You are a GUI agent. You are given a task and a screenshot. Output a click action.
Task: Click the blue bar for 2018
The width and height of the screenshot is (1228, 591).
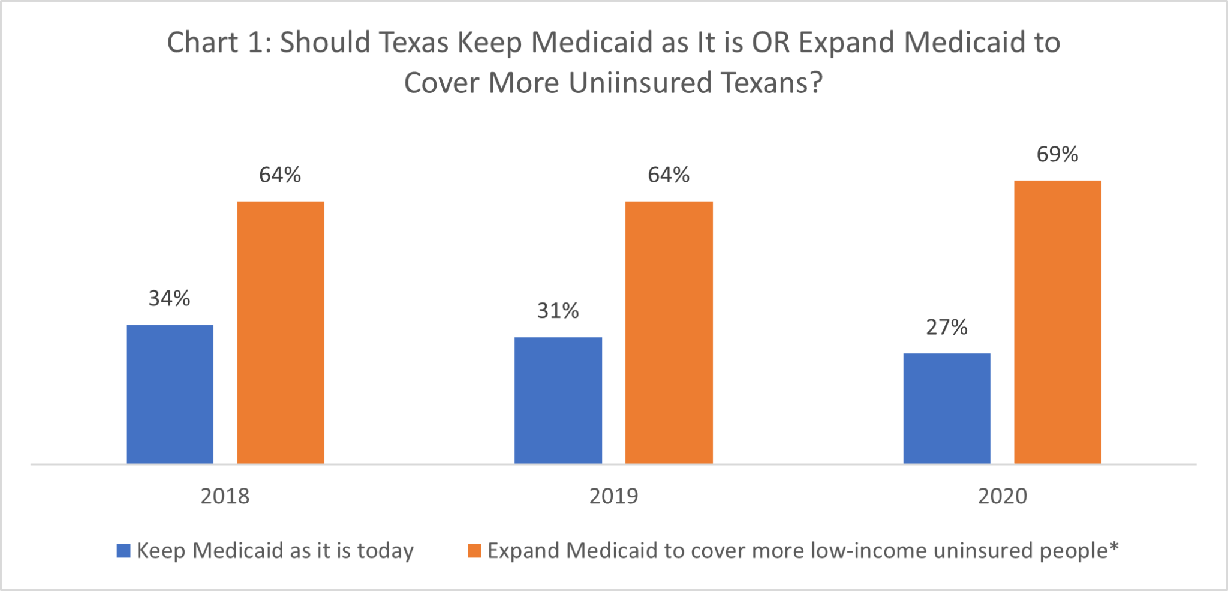coord(170,394)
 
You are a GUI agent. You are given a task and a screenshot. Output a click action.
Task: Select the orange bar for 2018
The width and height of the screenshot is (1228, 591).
coord(280,332)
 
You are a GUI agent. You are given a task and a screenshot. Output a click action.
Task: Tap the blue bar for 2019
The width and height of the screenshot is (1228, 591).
coord(558,400)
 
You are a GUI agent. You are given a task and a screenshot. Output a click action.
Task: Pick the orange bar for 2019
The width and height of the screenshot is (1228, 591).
coord(669,332)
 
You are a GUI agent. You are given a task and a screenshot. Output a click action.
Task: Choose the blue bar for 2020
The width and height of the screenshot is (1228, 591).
coord(947,409)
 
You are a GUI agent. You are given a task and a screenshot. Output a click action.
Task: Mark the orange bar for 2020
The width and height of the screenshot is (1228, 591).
coord(1057,322)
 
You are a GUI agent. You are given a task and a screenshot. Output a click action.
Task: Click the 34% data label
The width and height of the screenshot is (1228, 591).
coord(170,298)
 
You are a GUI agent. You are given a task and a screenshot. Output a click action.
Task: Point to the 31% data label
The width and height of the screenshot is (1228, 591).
coord(558,311)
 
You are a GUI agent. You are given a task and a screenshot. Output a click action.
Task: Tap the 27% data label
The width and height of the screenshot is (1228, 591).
coord(947,327)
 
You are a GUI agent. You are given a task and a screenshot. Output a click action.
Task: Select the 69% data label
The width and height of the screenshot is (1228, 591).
coord(1057,155)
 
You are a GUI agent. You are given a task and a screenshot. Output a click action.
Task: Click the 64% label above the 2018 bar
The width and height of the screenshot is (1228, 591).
coord(280,175)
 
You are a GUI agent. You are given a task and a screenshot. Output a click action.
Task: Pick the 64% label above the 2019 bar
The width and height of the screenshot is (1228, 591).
coord(669,175)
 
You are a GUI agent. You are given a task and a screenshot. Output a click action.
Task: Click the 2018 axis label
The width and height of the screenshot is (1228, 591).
coord(225,496)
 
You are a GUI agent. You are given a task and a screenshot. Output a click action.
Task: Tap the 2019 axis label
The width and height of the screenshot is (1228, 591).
coord(613,496)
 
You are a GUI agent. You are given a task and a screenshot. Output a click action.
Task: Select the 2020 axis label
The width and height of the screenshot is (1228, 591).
coord(1003,496)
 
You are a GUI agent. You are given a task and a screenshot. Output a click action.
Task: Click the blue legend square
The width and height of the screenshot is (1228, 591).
coord(124,551)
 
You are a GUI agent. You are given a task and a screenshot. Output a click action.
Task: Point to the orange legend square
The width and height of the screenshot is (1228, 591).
coord(474,551)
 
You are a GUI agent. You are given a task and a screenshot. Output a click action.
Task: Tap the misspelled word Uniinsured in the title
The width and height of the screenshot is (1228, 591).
coord(640,83)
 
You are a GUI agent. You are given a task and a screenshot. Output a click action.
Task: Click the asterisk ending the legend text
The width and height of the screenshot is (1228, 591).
coord(1114,547)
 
